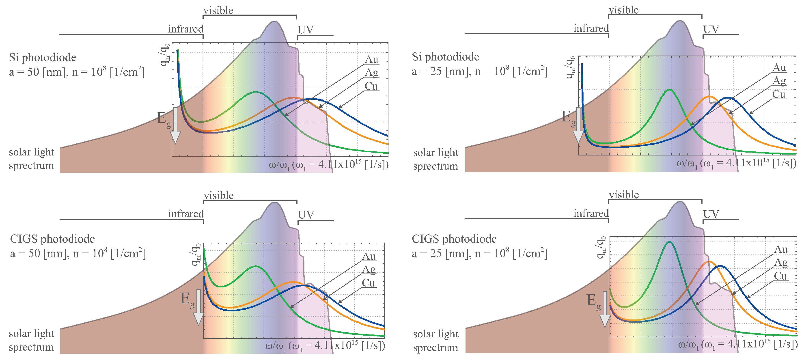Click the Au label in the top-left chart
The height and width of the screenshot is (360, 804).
point(371,59)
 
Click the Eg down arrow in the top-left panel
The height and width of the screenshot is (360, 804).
point(175,125)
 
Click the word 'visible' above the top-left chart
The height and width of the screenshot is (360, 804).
point(218,11)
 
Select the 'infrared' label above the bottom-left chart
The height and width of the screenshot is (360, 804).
point(186,214)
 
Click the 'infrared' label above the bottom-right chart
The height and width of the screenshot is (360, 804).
point(591,213)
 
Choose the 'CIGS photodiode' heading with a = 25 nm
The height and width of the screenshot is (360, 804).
point(454,239)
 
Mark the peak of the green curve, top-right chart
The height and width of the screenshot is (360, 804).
point(669,90)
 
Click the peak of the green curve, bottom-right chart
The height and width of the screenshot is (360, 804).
point(669,242)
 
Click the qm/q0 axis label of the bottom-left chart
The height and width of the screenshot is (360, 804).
point(196,254)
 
